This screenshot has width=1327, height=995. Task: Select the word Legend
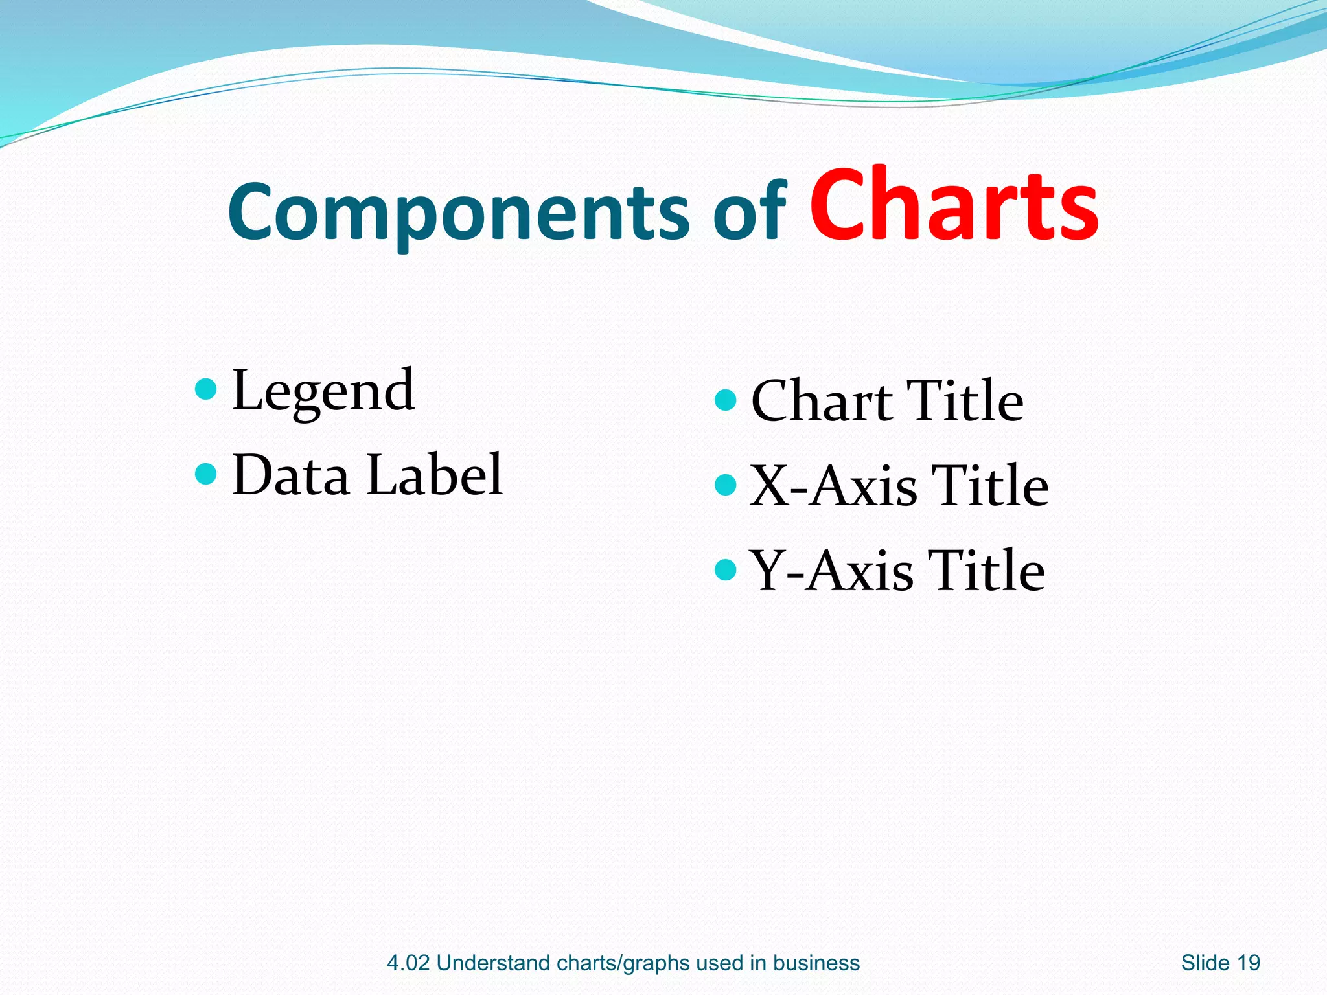coord(323,391)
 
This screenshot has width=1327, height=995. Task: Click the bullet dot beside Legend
coord(205,389)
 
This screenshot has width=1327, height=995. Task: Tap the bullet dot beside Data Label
coord(205,474)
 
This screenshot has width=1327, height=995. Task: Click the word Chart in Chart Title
coord(821,401)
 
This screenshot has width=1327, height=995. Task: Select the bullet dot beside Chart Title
coord(725,400)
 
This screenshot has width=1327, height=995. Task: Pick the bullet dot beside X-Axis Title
coord(725,485)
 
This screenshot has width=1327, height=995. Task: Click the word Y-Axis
coord(831,571)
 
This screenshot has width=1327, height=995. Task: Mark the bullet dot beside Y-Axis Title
coord(725,569)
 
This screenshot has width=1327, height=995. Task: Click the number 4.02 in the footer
coord(408,963)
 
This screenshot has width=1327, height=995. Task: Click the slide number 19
coord(1248,963)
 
